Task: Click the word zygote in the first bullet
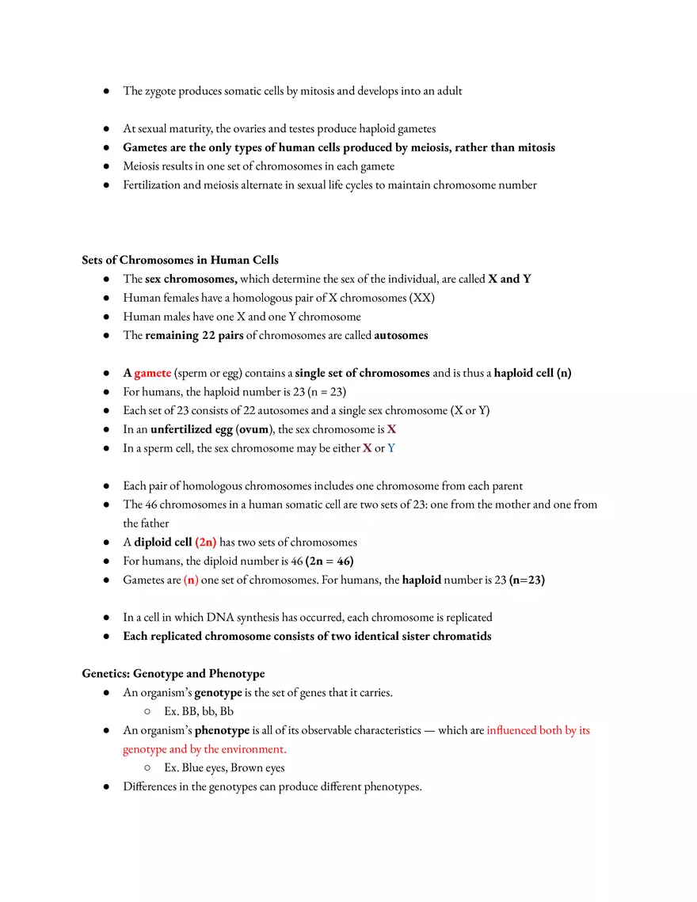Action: point(162,91)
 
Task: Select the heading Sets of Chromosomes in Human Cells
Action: point(180,260)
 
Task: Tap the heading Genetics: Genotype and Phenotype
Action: point(173,674)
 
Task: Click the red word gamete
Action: point(152,373)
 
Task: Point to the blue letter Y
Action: point(391,448)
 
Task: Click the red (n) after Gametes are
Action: point(191,580)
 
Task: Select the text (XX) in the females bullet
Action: point(421,298)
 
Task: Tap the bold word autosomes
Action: point(401,335)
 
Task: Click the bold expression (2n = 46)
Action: point(329,561)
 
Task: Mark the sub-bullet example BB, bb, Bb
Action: point(199,711)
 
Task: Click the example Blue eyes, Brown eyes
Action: point(224,767)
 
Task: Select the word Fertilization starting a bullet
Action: point(151,185)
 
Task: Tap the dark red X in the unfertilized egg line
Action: point(391,429)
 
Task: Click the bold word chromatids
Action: point(462,637)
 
